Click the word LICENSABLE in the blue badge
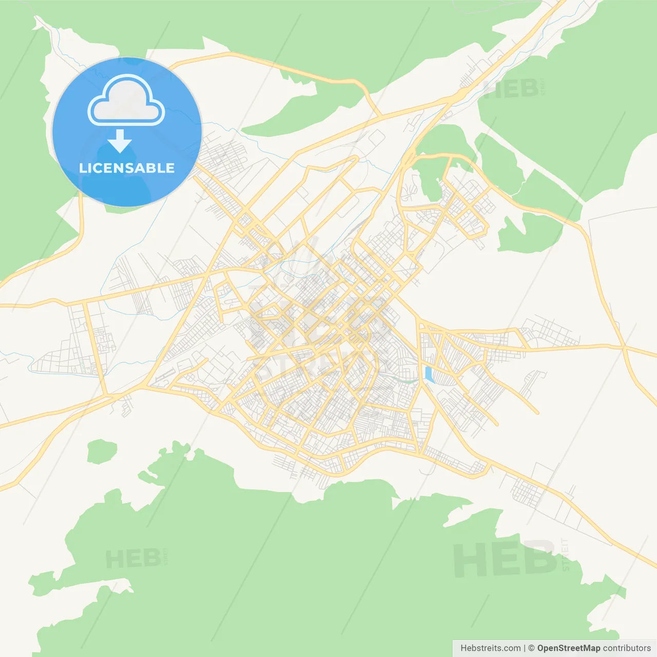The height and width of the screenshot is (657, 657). coord(127,168)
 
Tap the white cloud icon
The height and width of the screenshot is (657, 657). coord(126,101)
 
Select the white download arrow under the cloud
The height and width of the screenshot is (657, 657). coord(120,141)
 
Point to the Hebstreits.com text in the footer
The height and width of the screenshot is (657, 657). coord(490,648)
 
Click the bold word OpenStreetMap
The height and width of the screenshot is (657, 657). coord(568,648)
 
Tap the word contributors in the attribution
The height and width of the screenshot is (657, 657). coord(627,648)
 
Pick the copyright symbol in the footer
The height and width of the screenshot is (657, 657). coord(531,648)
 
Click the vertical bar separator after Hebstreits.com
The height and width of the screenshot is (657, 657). coord(525,648)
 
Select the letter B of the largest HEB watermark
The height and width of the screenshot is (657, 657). coord(538,558)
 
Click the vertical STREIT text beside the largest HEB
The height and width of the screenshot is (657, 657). coord(565,554)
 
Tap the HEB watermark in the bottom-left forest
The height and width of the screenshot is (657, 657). coord(132,558)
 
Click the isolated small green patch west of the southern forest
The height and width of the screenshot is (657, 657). coord(102,451)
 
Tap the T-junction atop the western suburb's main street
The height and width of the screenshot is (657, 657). coord(84,303)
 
